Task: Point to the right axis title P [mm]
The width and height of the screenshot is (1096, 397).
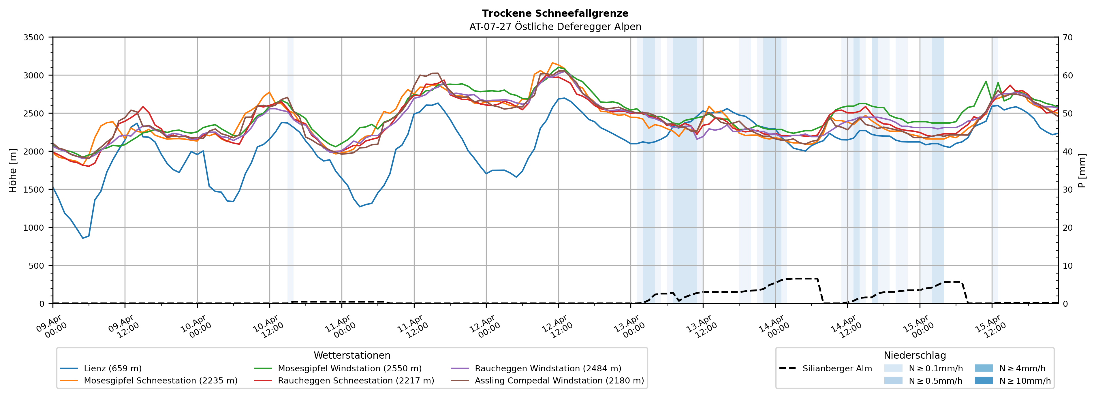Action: tap(1082, 170)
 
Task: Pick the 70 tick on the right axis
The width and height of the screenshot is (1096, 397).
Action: tap(1068, 37)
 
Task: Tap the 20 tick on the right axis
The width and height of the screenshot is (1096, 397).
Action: tap(1068, 228)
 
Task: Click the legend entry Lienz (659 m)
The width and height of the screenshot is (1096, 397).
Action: tap(112, 368)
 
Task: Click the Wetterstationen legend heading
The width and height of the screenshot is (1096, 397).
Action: tap(352, 355)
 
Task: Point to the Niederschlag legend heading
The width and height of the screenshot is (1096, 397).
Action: tap(915, 355)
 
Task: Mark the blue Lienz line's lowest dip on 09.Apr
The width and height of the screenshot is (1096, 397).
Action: tap(83, 238)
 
